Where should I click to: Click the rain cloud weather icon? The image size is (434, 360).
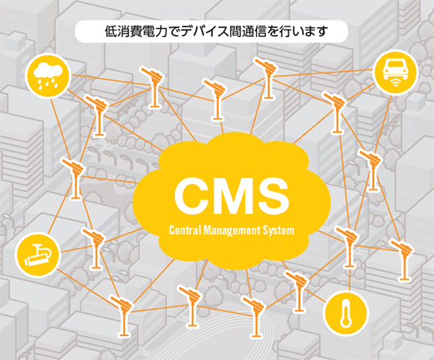click(x=48, y=76)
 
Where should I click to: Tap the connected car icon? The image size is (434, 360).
click(x=395, y=72)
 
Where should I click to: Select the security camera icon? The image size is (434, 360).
click(x=38, y=255)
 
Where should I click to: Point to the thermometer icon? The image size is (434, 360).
click(x=346, y=313)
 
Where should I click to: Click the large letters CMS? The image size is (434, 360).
click(x=231, y=195)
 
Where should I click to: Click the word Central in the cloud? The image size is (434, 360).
click(x=185, y=230)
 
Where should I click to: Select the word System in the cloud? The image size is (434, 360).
click(x=278, y=231)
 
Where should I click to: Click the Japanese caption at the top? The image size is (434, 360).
click(x=216, y=31)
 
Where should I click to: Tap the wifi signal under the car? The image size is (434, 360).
click(x=395, y=83)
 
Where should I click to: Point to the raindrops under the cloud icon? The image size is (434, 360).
click(x=48, y=83)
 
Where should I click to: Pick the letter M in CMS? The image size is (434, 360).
click(x=232, y=195)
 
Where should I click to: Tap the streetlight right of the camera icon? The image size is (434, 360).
click(x=94, y=247)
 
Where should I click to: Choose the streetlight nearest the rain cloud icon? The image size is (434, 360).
click(x=98, y=115)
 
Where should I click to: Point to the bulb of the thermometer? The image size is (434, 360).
click(x=346, y=322)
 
